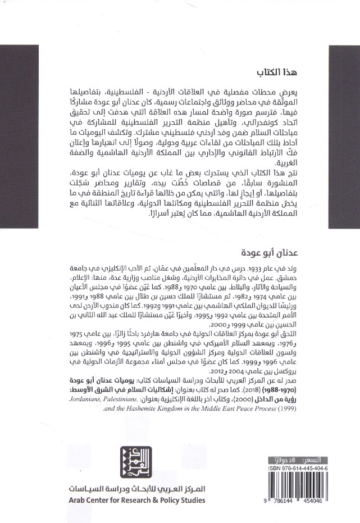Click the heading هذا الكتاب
click(274, 74)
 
